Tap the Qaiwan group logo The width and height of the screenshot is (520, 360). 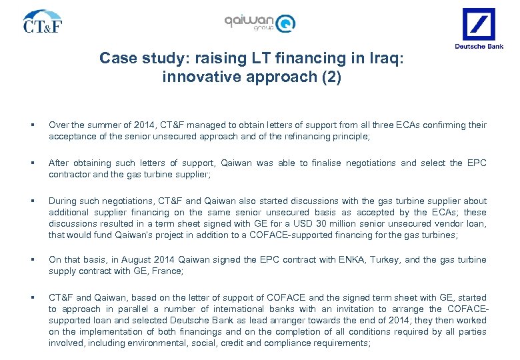point(260,23)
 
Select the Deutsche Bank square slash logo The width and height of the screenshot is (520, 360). point(479,24)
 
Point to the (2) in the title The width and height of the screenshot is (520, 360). point(330,77)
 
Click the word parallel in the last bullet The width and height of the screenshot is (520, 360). point(130,309)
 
